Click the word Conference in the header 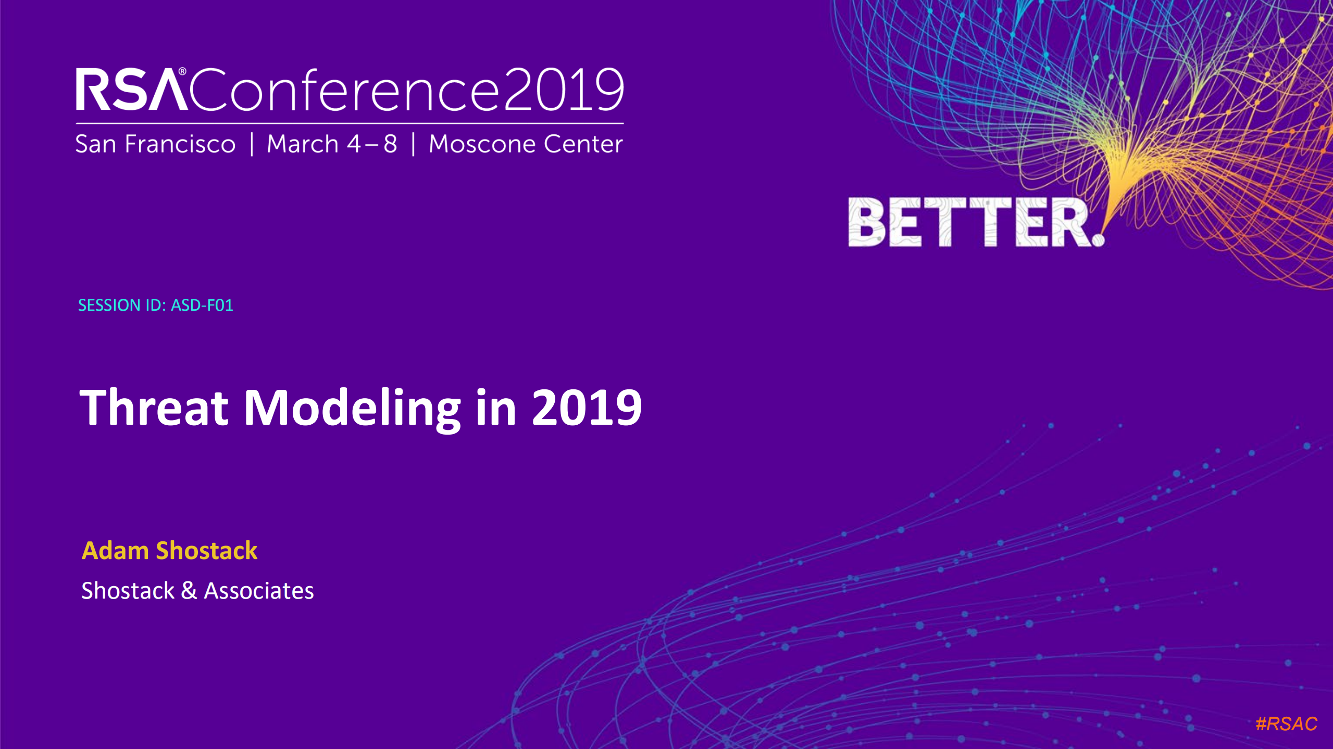[344, 90]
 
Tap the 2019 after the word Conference [564, 90]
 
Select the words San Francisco [155, 144]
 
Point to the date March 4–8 [332, 144]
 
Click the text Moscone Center [526, 144]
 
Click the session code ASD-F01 [202, 305]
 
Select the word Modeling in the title [352, 409]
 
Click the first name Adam [115, 551]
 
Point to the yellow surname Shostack [207, 551]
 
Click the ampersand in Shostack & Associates [189, 591]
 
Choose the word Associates [259, 591]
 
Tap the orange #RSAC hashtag [1286, 723]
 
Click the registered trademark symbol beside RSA [182, 71]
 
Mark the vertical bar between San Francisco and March [252, 144]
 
